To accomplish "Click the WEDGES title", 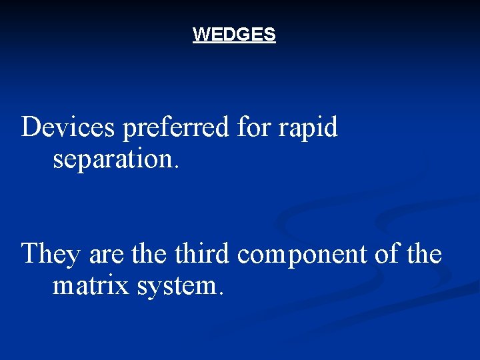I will (234, 35).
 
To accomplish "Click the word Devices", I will (69, 127).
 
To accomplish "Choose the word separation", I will (113, 159).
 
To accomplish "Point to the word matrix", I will (91, 286).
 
